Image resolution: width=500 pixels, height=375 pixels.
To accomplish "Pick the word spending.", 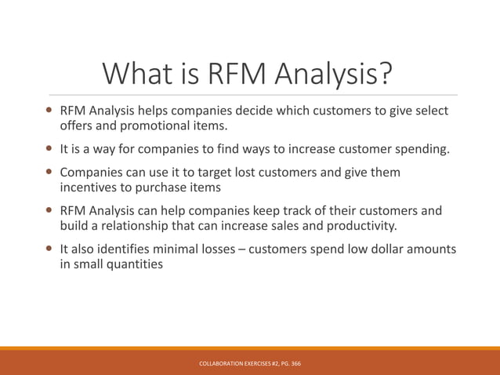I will (421, 148).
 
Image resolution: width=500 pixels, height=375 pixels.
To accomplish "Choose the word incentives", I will (89, 187).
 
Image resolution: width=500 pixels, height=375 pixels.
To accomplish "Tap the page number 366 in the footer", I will (295, 364).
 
